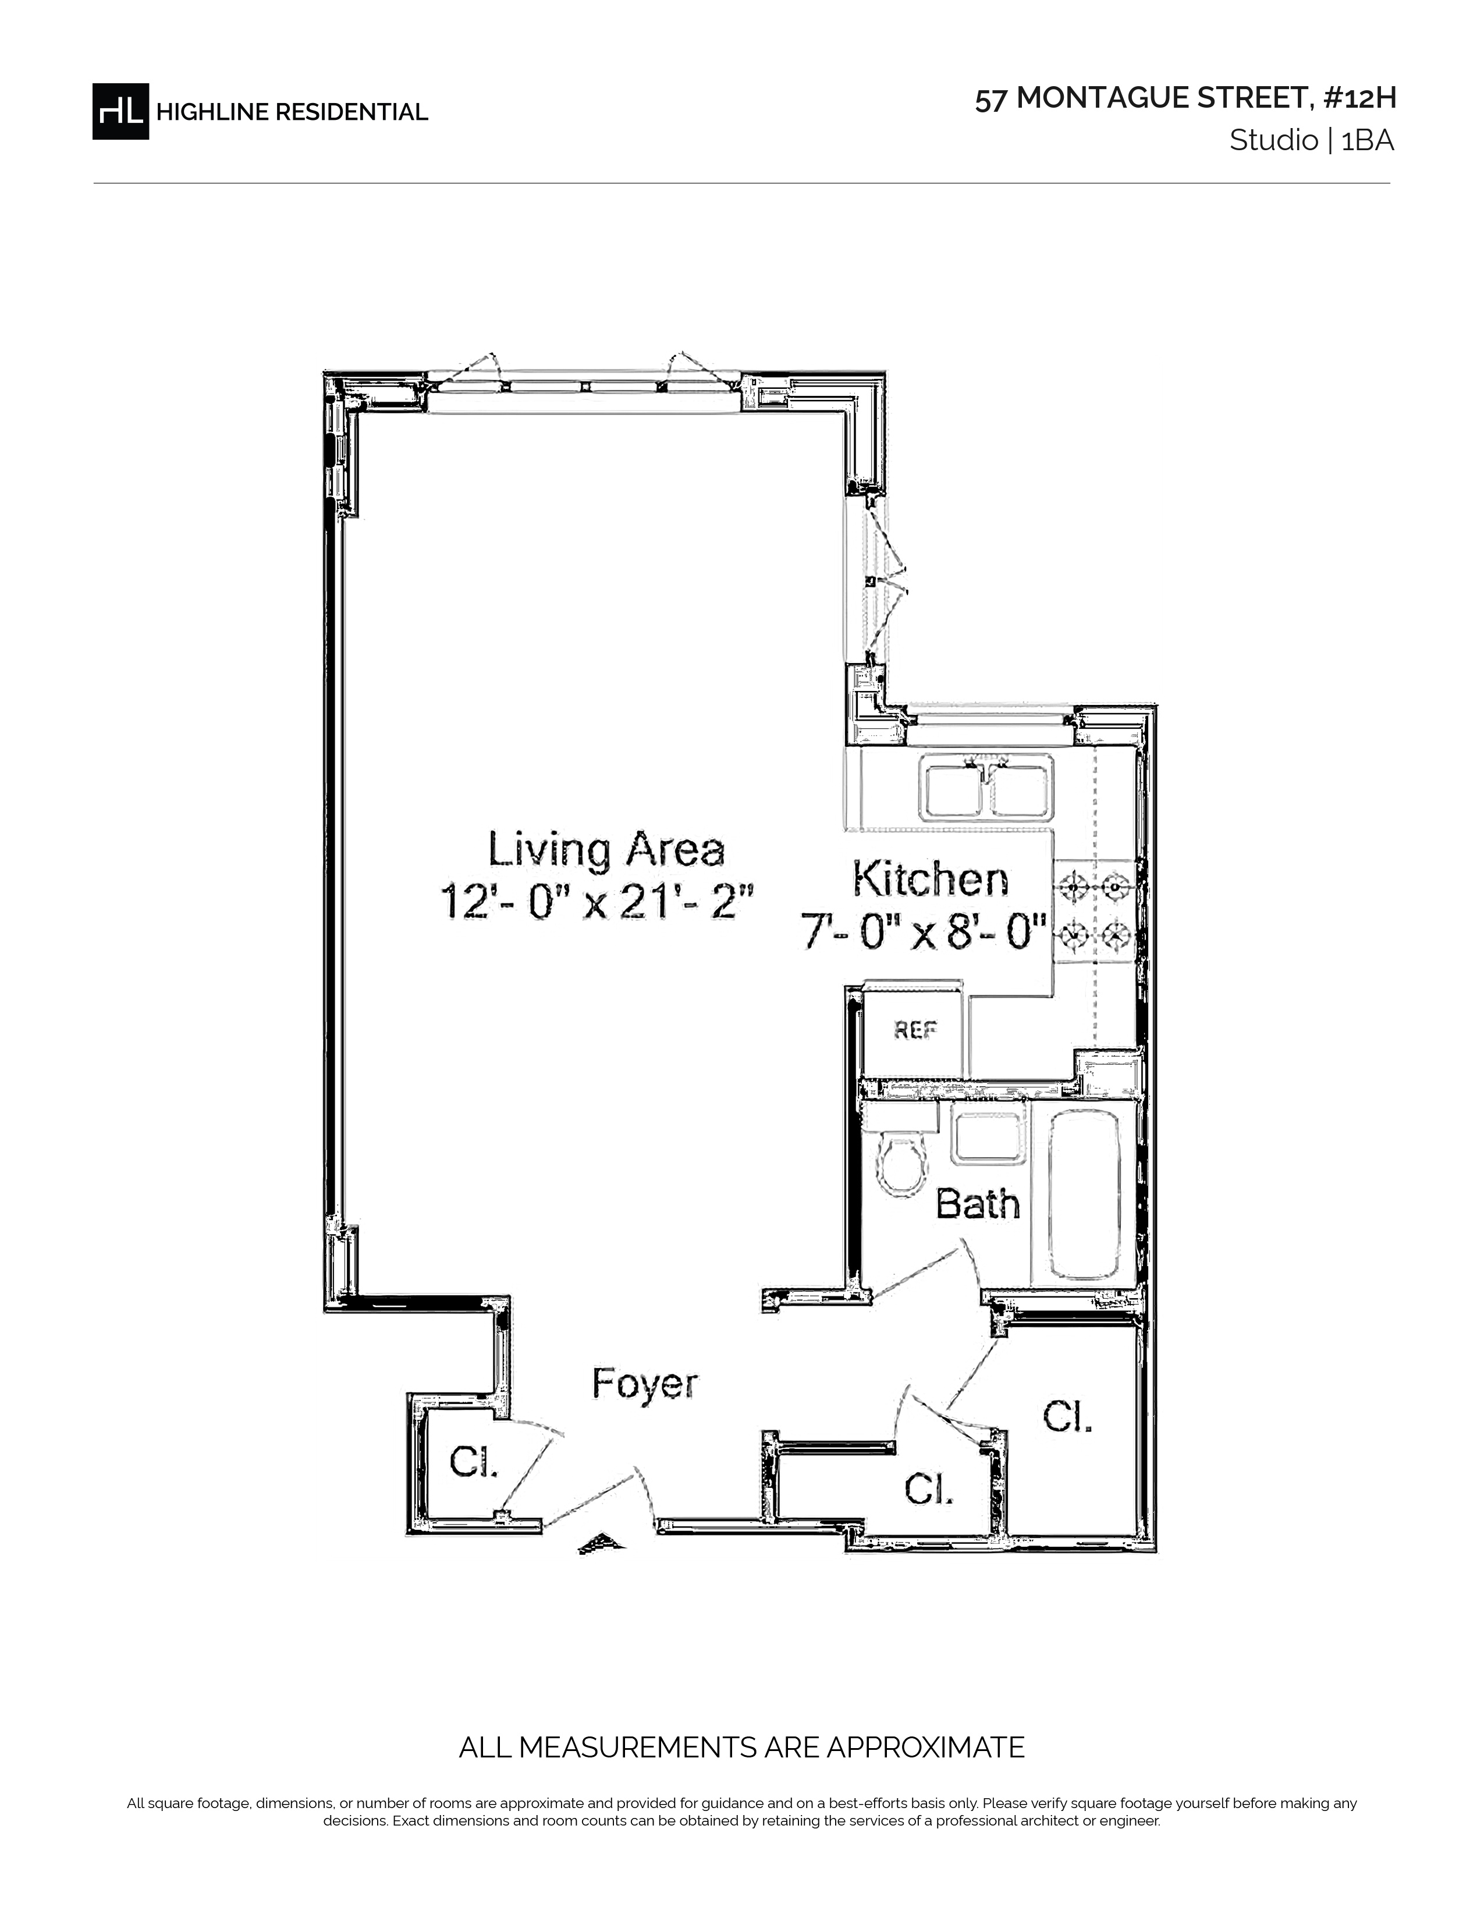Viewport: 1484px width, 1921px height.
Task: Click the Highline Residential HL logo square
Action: [x=120, y=111]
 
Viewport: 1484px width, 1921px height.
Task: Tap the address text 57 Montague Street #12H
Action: [x=1185, y=98]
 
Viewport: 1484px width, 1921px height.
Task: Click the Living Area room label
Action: [x=606, y=850]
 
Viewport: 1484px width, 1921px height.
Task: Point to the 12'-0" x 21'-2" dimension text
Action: [x=598, y=902]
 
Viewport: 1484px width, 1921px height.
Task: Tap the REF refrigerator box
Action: [x=914, y=1029]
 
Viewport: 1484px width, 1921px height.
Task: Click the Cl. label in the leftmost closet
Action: [x=474, y=1463]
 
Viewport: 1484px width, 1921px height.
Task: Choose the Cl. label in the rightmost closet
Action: [x=1067, y=1416]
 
